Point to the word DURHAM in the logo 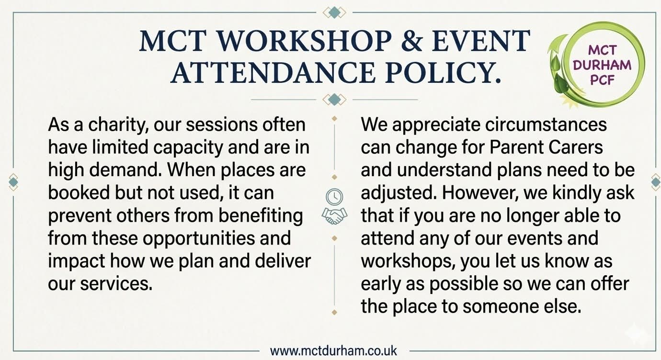[x=602, y=65]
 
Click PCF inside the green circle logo [x=602, y=79]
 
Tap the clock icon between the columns [x=334, y=196]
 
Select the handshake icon [x=334, y=216]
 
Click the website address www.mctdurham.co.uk [x=333, y=351]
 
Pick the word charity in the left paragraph [x=118, y=125]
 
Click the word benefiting [x=261, y=216]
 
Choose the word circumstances [x=546, y=125]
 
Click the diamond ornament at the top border [x=334, y=12]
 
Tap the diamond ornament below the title [x=334, y=100]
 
